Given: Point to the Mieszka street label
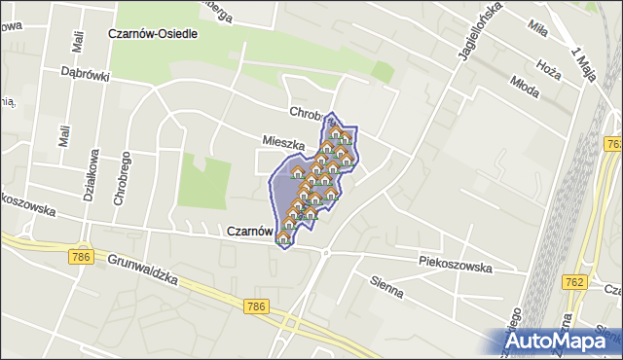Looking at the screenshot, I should tap(283, 142).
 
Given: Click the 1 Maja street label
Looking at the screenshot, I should tap(584, 66).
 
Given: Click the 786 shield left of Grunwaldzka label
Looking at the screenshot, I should tap(81, 257).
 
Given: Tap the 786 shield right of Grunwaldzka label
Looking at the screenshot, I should tap(256, 306).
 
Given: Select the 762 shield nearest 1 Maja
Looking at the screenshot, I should tap(613, 144).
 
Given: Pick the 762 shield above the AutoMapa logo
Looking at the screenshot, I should tap(573, 281).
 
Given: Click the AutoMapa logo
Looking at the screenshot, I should tap(562, 342).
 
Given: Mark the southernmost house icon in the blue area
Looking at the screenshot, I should tap(283, 236).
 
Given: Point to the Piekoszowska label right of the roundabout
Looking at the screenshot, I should tap(456, 264).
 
